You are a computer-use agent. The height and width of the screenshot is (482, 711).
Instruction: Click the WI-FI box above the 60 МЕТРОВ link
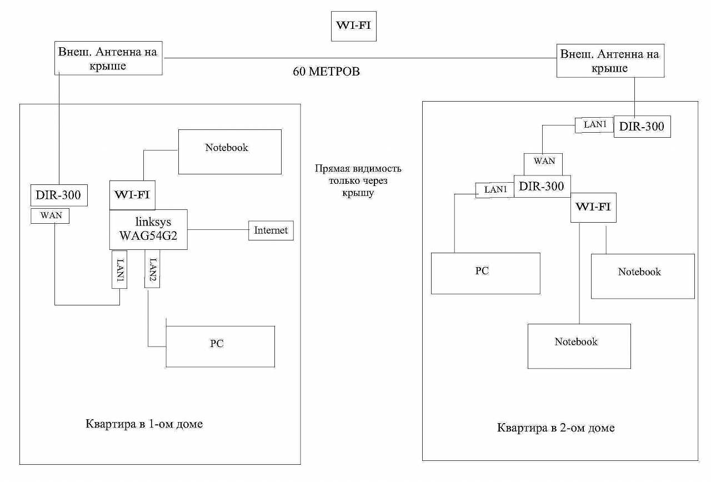[354, 26]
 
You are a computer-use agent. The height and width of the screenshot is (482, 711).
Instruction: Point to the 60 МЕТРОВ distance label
[326, 72]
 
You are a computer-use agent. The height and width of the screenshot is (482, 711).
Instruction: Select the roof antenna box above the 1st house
[108, 58]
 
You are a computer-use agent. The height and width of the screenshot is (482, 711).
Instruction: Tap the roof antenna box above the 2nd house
[609, 61]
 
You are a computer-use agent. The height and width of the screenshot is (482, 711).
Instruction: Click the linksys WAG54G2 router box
[148, 229]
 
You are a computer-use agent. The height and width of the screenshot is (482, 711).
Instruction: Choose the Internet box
[271, 230]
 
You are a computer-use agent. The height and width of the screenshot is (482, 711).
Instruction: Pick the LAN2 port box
[152, 268]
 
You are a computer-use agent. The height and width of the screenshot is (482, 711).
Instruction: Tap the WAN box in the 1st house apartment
[51, 215]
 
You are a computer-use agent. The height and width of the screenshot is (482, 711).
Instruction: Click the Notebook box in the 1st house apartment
[229, 152]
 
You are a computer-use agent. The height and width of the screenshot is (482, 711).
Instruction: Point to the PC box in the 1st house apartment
[220, 347]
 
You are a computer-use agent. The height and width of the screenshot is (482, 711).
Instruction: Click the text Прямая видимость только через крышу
[358, 181]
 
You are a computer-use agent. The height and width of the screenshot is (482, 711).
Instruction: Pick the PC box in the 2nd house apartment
[485, 273]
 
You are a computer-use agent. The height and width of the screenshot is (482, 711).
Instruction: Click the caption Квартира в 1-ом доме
[144, 424]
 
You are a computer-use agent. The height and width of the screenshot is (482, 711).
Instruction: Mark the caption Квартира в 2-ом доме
[555, 428]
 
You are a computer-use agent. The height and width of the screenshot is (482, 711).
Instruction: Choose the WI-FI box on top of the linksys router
[133, 195]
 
